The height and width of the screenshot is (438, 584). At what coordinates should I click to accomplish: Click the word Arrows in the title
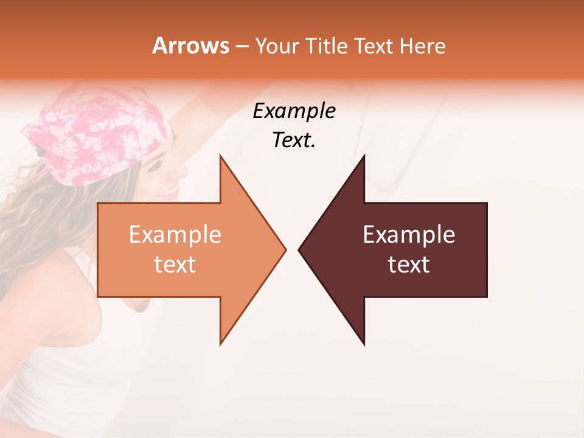191,46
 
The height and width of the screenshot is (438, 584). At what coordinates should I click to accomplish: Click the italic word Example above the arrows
294,111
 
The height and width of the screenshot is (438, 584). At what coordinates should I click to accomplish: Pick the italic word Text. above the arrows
294,141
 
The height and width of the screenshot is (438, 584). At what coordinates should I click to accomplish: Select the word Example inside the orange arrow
175,235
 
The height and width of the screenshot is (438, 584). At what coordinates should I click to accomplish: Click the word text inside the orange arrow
175,265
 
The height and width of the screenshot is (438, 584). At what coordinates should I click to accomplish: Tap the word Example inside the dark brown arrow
409,235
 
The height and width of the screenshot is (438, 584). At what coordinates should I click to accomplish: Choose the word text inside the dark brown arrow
409,265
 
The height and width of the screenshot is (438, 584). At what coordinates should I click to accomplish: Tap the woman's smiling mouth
165,193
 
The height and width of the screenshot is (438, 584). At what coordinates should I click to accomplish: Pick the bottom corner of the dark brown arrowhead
364,344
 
